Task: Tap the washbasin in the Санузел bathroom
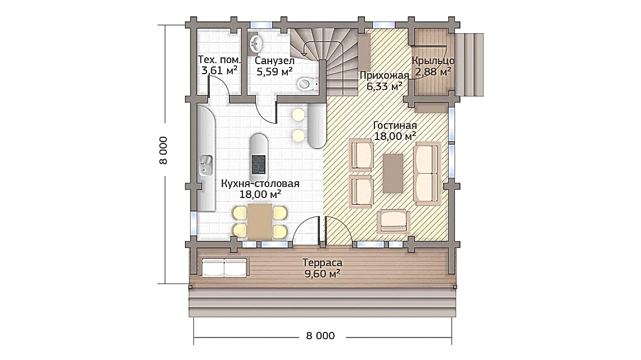[x=256, y=42]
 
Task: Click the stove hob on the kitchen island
[x=259, y=165]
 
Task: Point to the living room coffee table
[x=392, y=173]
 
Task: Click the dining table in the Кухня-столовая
[x=260, y=221]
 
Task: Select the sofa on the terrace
[x=224, y=268]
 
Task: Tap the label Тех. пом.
[x=219, y=60]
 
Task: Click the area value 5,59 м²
[x=274, y=71]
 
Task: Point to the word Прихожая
[x=380, y=75]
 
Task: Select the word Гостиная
[x=395, y=125]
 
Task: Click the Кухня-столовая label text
[x=260, y=183]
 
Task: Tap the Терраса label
[x=322, y=263]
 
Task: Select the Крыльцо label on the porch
[x=433, y=61]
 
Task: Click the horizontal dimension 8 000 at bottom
[x=320, y=336]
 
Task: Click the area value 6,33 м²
[x=385, y=86]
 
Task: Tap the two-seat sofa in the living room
[x=426, y=172]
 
